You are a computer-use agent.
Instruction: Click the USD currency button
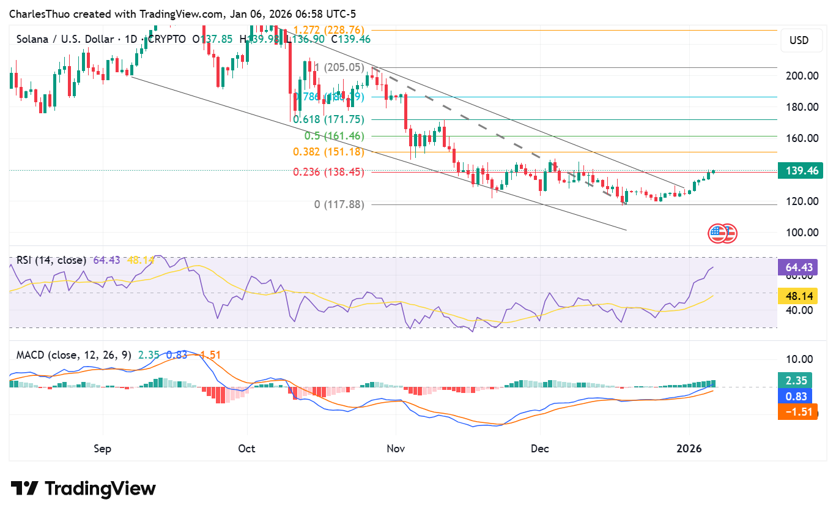799,40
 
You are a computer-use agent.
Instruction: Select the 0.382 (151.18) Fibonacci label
328,152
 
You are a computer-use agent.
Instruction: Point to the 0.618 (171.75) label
328,120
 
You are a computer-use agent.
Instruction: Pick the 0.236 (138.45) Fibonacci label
328,173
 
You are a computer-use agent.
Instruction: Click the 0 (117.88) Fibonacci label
339,205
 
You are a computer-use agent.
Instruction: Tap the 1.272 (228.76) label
329,29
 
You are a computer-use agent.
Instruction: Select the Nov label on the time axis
396,449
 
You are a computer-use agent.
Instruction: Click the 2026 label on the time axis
689,449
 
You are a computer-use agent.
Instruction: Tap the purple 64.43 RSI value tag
797,267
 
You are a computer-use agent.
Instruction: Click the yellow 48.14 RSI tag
797,297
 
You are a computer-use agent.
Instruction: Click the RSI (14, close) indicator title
51,260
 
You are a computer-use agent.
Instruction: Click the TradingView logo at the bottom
83,488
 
